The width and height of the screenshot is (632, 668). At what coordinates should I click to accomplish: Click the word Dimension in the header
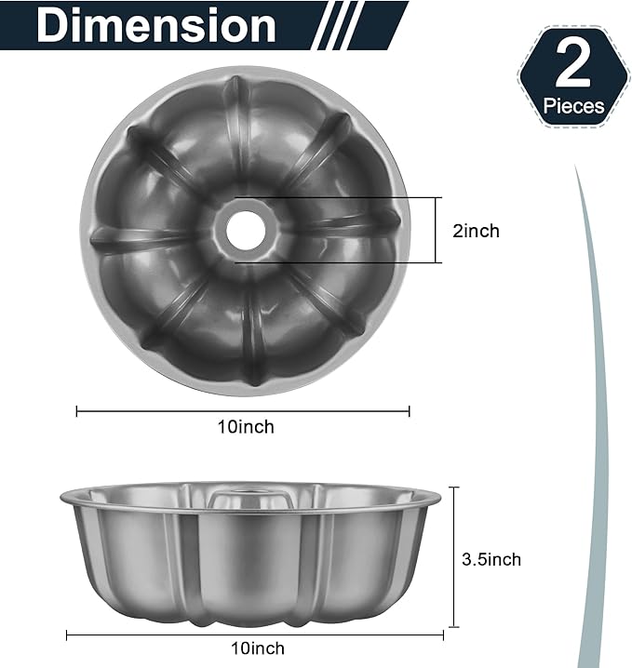155,26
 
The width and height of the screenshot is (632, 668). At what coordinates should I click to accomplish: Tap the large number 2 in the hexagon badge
573,67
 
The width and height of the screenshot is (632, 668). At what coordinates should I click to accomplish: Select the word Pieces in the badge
573,106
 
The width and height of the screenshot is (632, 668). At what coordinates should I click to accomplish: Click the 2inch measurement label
476,231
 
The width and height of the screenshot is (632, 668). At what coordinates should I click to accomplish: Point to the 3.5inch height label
491,559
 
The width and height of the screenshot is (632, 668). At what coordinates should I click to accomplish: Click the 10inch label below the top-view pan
246,427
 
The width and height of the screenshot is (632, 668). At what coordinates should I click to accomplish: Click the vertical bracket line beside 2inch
437,230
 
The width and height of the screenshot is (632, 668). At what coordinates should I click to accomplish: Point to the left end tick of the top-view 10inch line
77,410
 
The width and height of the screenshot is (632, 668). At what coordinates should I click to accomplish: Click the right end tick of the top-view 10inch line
410,410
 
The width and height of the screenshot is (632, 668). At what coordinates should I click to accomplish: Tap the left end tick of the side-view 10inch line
67,635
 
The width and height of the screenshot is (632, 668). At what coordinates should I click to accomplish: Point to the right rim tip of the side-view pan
438,501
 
